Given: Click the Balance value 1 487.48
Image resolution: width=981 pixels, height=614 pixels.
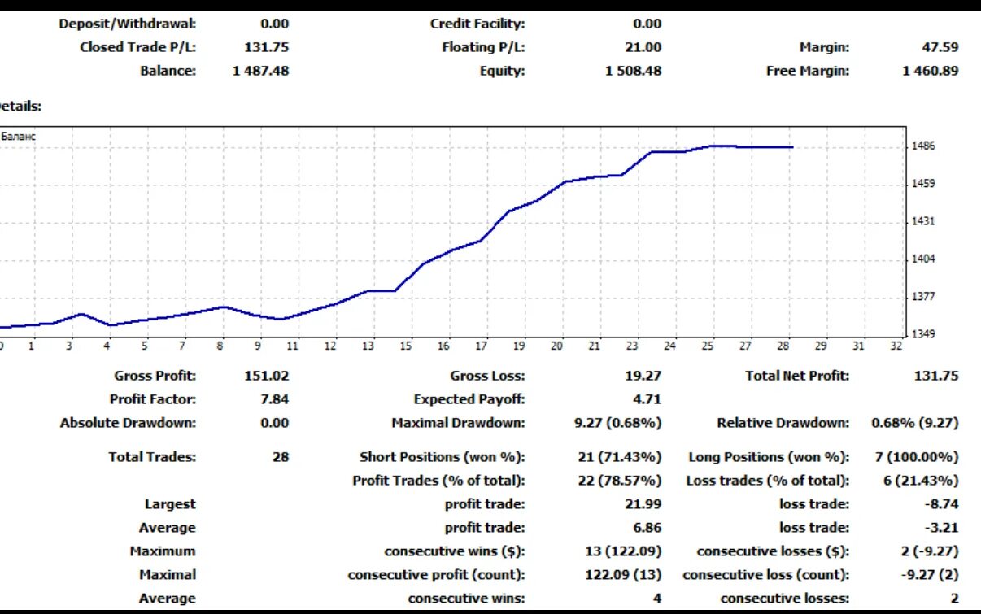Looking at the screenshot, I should coord(260,71).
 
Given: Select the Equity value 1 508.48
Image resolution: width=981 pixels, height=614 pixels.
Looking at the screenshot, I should coord(633,71).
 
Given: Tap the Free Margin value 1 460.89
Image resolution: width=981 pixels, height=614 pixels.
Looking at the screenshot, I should coord(931,71).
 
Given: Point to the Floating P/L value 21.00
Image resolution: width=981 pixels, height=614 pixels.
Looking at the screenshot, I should coord(643,47).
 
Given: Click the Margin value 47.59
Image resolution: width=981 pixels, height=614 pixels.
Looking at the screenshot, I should coord(940,47).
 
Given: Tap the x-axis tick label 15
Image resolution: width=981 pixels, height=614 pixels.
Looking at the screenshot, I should coord(406,346).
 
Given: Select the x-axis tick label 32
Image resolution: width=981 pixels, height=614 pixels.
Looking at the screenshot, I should coord(896,346).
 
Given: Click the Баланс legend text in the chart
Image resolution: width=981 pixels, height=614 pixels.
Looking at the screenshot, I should coord(19,137).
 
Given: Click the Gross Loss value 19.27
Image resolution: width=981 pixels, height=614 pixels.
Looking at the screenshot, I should coord(643,376).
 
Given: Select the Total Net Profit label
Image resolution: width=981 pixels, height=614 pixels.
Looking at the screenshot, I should coord(796,376).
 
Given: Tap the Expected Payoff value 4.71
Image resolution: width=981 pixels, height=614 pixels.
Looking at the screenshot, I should coord(647,399).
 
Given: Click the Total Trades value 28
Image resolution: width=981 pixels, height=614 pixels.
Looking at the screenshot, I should coord(281,457).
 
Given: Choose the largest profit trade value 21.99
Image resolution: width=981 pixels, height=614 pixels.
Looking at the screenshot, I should coord(643,504).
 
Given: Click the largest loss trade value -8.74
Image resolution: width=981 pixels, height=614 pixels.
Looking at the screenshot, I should coord(941,504).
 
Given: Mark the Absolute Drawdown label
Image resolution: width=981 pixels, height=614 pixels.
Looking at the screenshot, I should coord(128,423).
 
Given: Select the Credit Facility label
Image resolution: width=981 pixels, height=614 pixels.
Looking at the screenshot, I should coord(477,24).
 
